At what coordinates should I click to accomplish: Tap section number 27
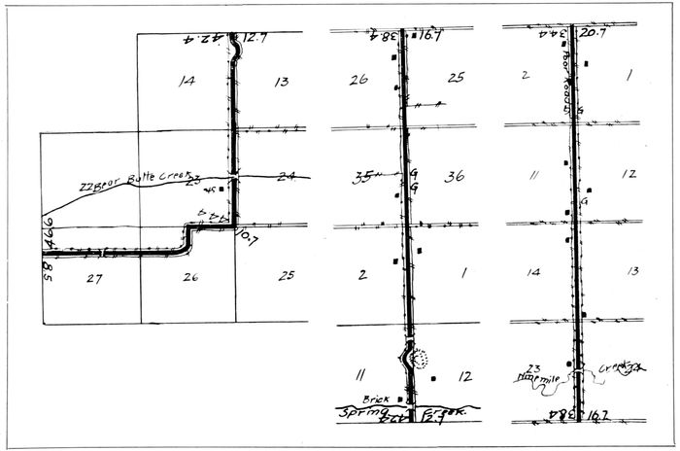coord(95,277)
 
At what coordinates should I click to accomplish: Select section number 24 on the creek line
coord(286,176)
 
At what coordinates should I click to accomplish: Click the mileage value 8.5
coord(46,262)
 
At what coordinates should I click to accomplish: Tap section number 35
coord(363,176)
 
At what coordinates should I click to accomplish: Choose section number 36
coord(454,176)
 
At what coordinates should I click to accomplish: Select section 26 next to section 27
coord(190,277)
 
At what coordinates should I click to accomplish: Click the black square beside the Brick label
coord(411,398)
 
